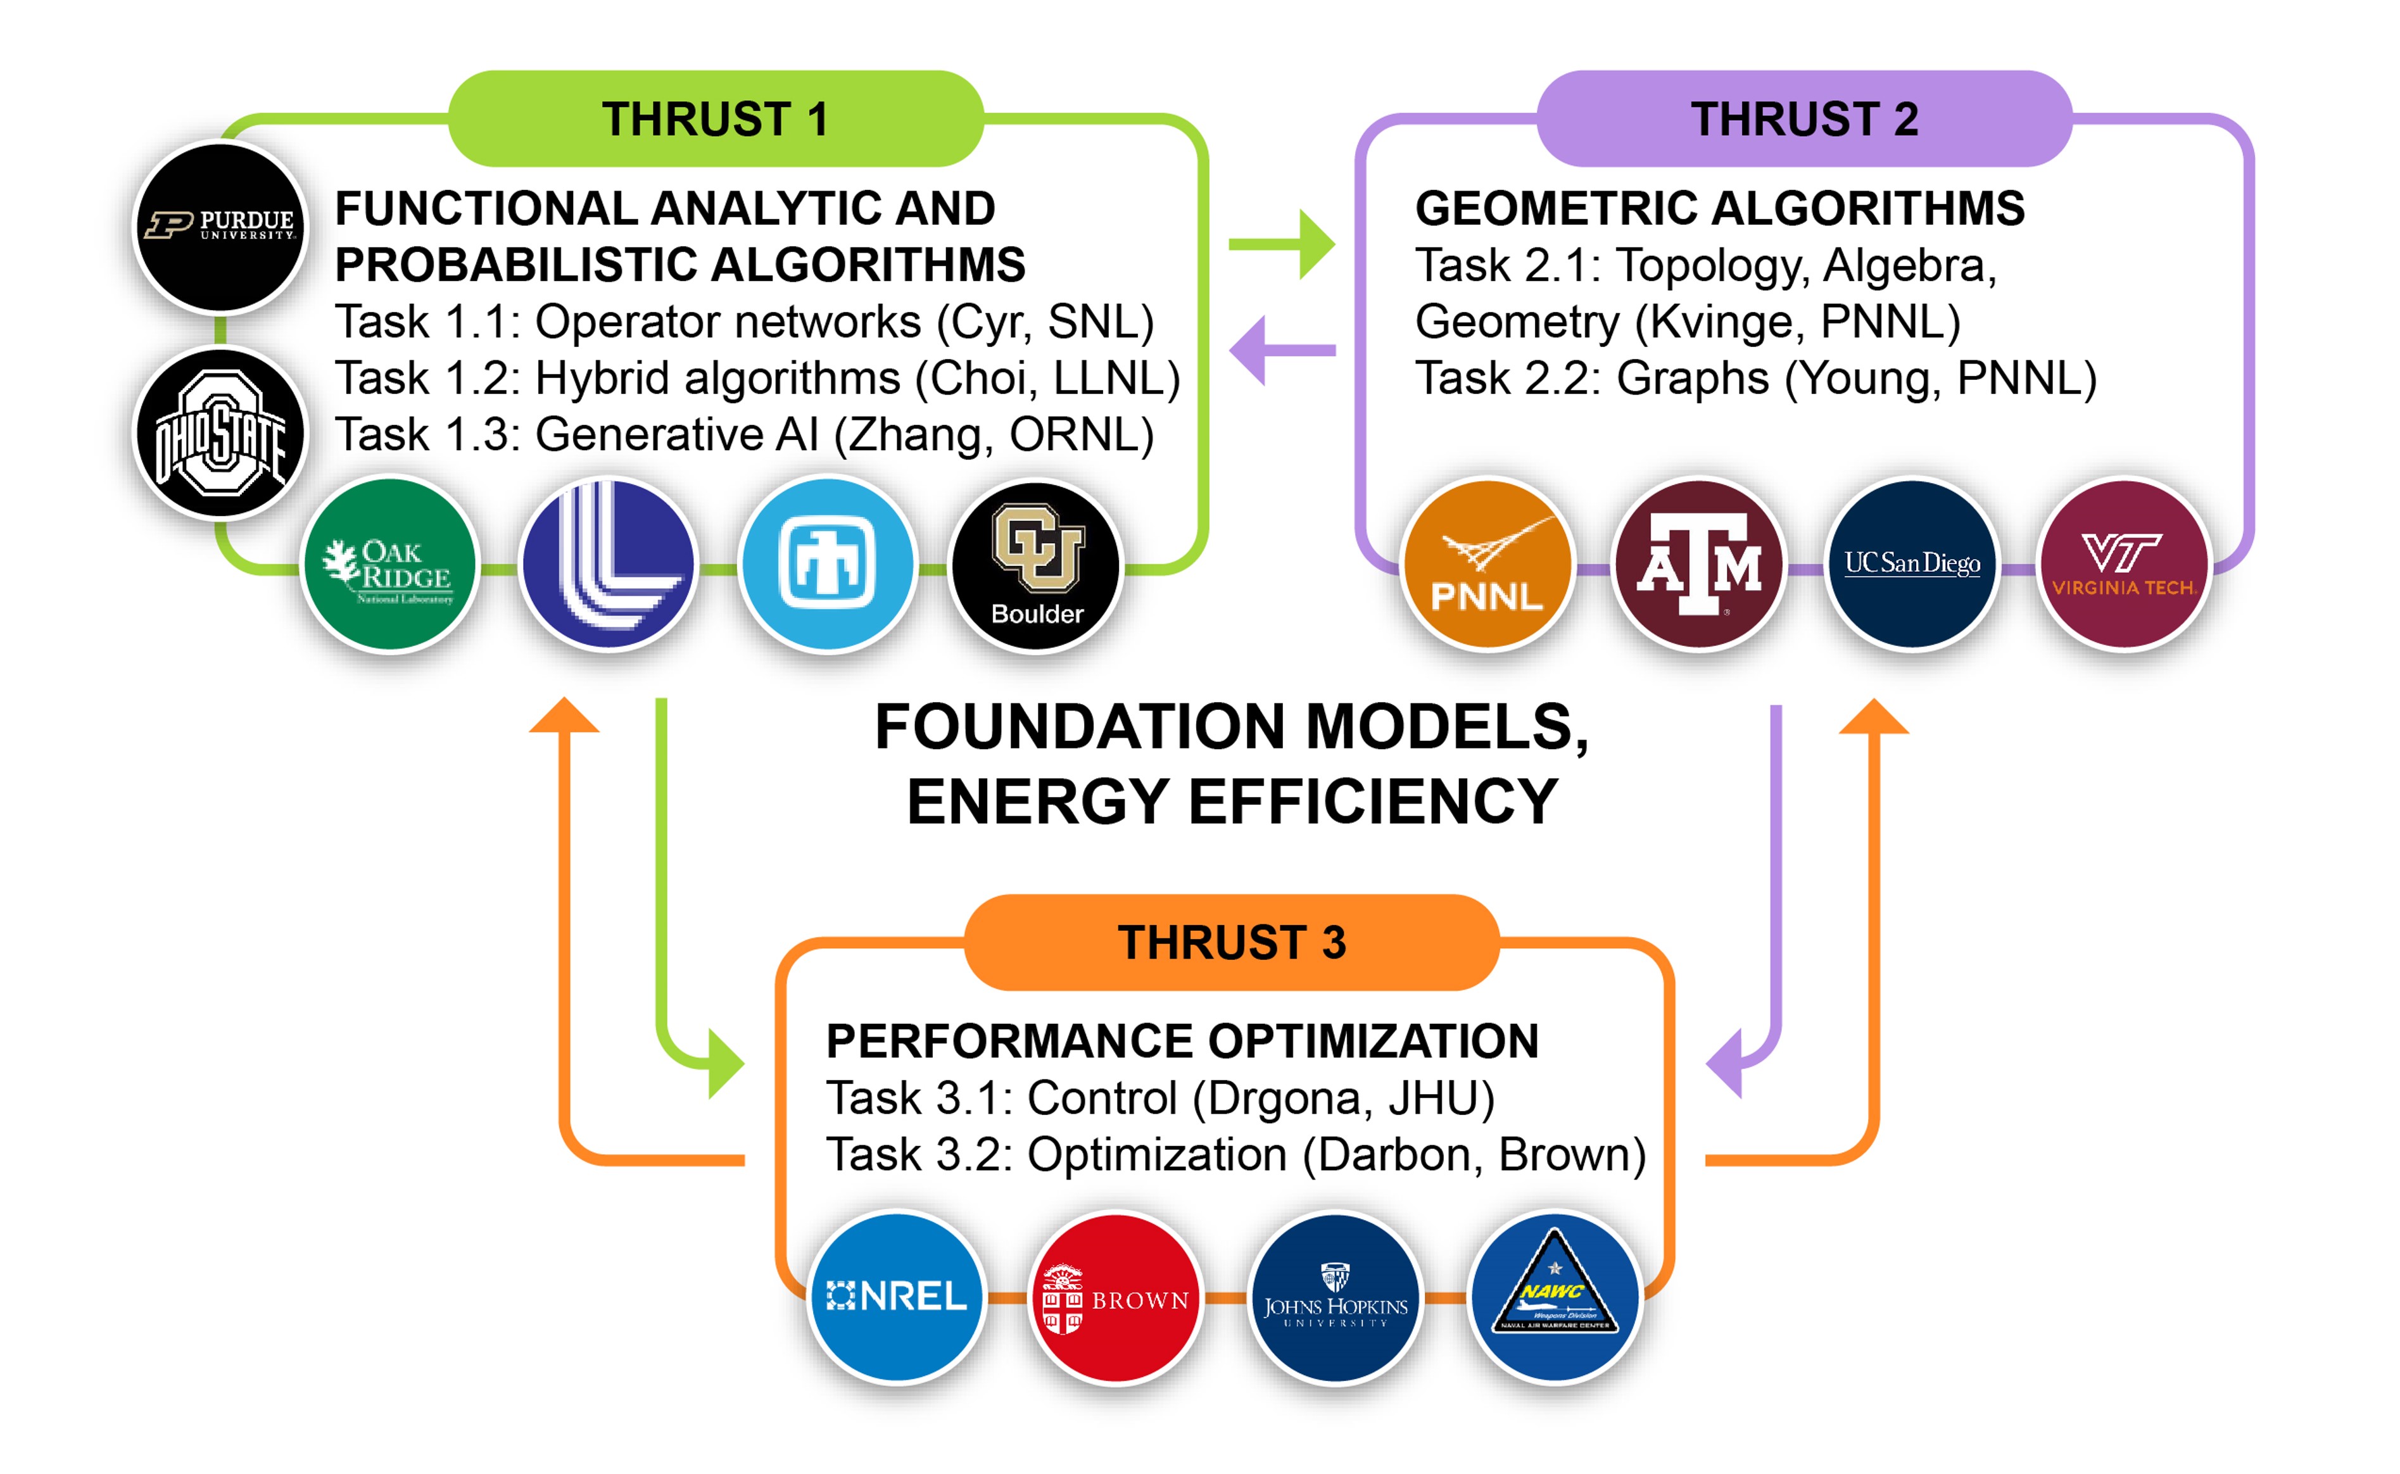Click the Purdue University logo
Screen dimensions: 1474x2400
point(221,226)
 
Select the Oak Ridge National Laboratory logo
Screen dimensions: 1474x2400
point(390,564)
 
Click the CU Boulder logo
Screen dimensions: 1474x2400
point(1037,564)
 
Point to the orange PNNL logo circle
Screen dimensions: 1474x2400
point(1487,564)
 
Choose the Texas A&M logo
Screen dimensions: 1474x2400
point(1699,564)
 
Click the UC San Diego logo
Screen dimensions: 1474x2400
point(1912,564)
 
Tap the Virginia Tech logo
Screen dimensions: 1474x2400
point(2123,564)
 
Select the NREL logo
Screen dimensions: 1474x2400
point(897,1297)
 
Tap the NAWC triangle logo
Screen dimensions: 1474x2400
point(1555,1297)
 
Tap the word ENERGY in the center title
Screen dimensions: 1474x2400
point(1038,802)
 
